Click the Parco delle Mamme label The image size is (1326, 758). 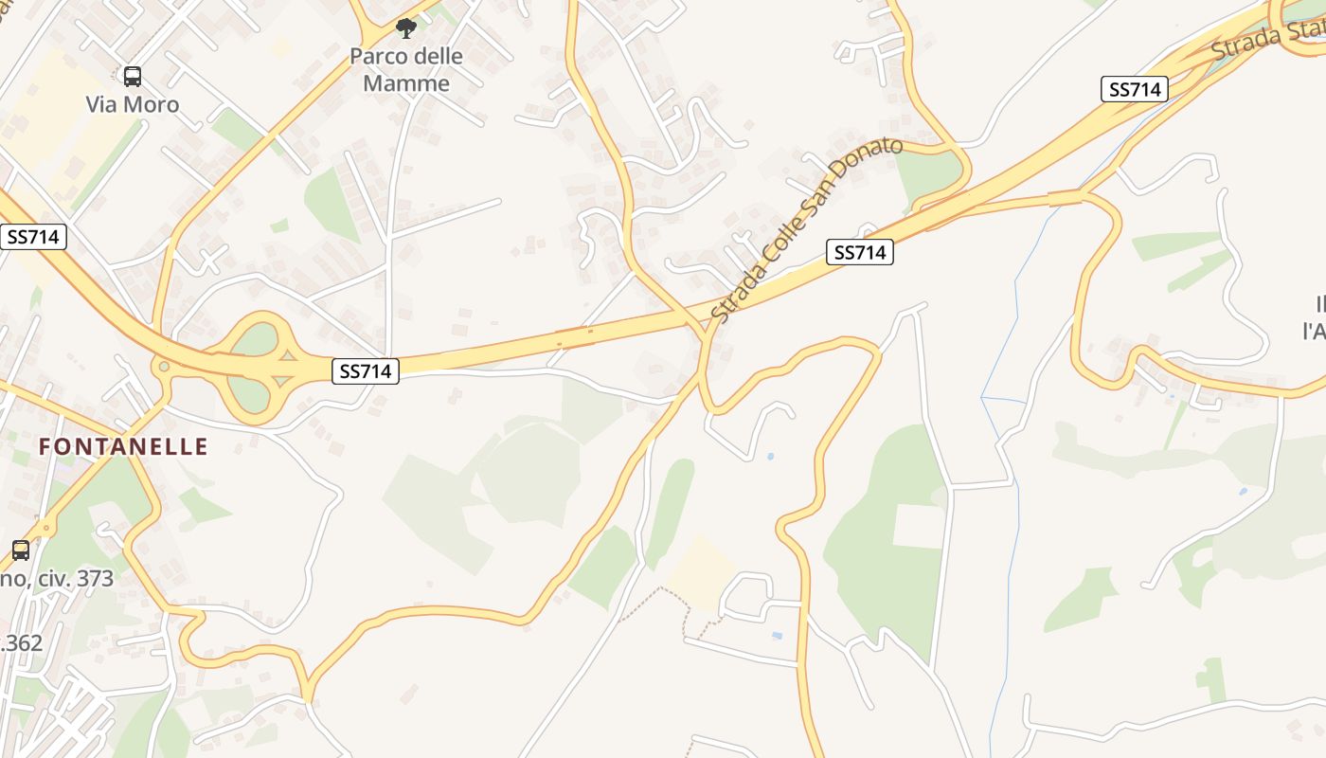click(406, 69)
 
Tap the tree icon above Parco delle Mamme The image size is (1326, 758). click(406, 28)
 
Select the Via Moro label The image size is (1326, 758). click(133, 104)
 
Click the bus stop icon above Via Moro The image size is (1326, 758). click(133, 77)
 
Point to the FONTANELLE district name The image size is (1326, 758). click(123, 445)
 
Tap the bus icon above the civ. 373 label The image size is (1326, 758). click(20, 550)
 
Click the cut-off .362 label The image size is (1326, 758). click(21, 642)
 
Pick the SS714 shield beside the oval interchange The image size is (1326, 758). click(366, 371)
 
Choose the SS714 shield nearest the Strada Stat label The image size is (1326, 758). click(1135, 89)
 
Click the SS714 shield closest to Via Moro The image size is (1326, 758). click(33, 237)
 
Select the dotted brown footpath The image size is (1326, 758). click(663, 591)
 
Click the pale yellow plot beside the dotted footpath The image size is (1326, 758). click(701, 573)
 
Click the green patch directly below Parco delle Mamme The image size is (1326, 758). click(331, 204)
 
